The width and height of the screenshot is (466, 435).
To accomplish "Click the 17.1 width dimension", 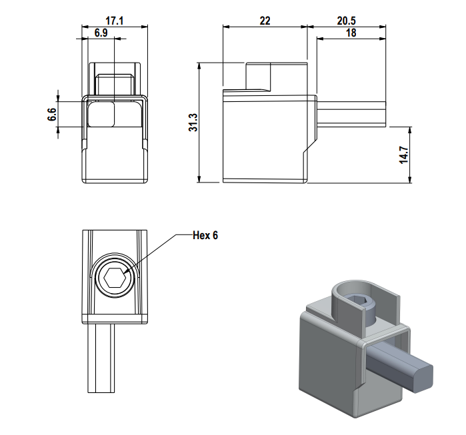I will coord(115,21).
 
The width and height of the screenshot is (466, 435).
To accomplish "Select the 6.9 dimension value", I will coord(101,33).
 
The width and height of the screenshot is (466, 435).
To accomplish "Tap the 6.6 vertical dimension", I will coord(52,114).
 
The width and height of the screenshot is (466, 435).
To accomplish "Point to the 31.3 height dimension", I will coord(192,122).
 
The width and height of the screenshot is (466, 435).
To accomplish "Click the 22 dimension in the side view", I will coord(265,21).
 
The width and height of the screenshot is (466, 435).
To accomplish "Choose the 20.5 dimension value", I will coord(346,21).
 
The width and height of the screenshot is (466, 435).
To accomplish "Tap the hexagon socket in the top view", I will coord(114,278).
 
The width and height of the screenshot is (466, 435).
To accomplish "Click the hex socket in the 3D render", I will coord(360,305).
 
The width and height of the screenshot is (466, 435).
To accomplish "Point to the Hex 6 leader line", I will coord(157,251).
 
